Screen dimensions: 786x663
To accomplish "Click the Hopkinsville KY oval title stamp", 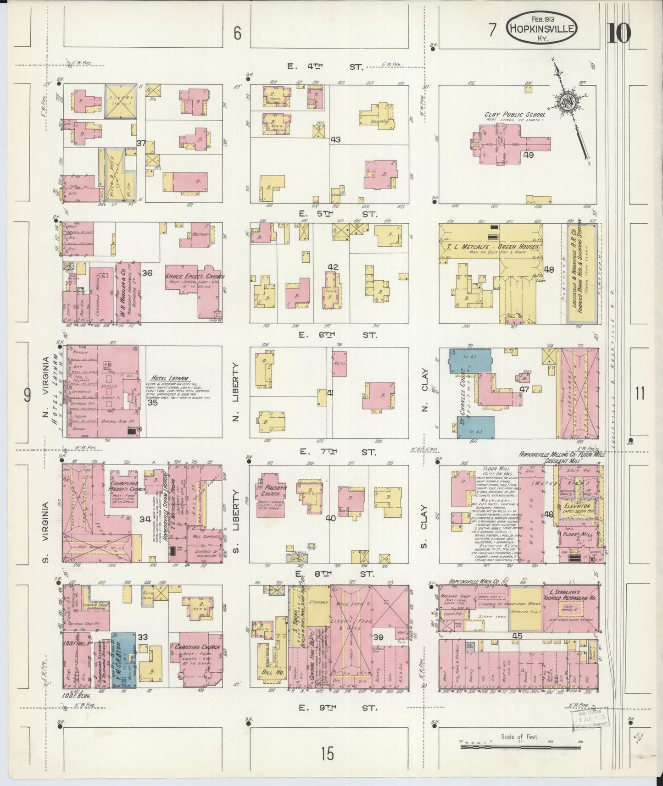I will coord(541,28).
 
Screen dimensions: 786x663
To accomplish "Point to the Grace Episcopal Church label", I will coord(195,277).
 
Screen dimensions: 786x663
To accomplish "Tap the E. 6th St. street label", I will coord(337,335).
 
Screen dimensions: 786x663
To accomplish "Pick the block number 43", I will coord(335,139).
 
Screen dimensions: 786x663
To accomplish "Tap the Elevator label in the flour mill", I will coord(576,507).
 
